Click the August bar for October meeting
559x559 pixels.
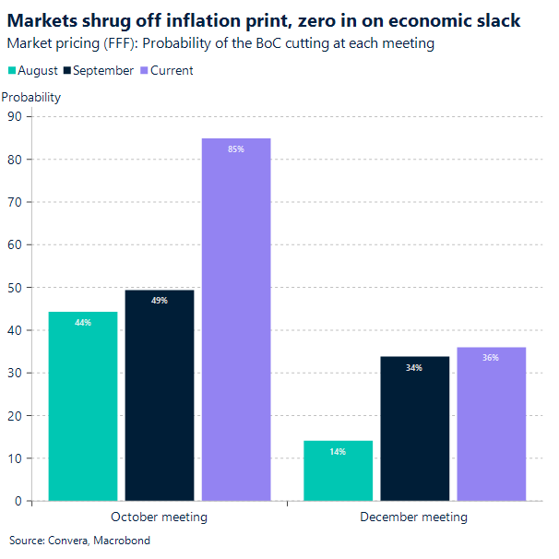[83, 406]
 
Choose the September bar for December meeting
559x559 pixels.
[414, 428]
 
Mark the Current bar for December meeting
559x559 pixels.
[491, 423]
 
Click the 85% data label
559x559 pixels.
[236, 149]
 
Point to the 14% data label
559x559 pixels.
[338, 452]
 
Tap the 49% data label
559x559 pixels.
[160, 301]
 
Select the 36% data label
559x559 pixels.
[491, 357]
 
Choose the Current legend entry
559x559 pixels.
[166, 71]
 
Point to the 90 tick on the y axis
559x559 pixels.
[15, 116]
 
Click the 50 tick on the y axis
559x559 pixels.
[15, 287]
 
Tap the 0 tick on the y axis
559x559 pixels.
[18, 501]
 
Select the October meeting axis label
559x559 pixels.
[159, 517]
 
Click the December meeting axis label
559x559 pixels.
[413, 517]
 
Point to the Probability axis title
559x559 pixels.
[31, 97]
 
